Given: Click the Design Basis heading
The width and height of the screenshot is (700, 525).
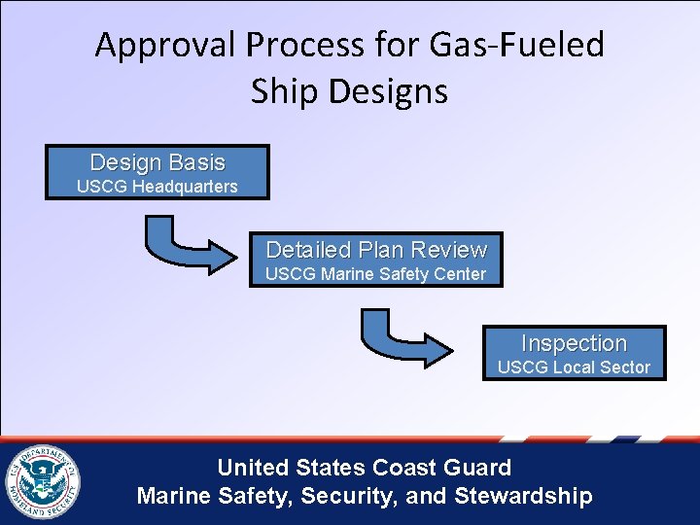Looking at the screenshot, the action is pos(157,162).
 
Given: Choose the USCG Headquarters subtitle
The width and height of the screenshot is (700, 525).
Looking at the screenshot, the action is pos(157,186).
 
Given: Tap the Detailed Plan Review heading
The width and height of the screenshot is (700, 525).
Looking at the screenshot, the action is pos(375,250).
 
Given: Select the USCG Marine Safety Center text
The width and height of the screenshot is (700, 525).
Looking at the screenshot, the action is pos(375,274).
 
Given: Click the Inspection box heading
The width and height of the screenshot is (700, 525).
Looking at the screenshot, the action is pos(574,343).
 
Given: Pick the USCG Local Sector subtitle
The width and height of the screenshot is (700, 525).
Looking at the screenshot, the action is pos(574,367).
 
